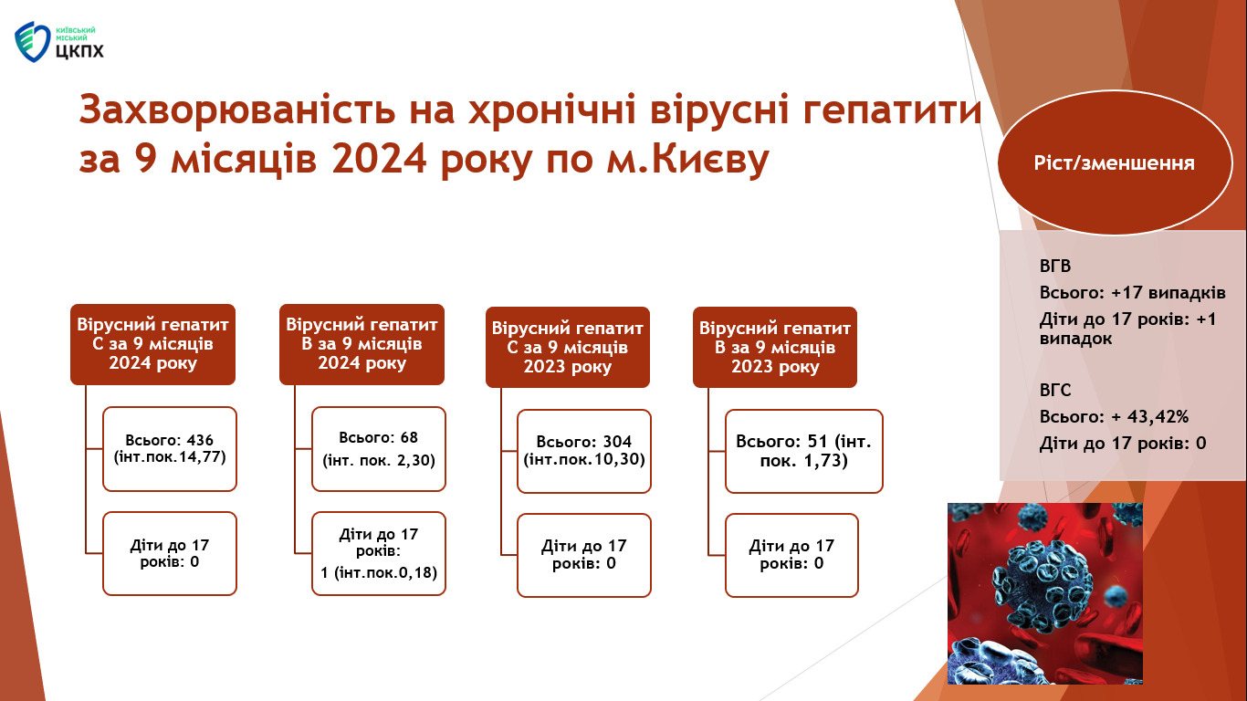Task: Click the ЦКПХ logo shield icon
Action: pyautogui.click(x=32, y=42)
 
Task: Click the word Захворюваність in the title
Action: pyautogui.click(x=237, y=110)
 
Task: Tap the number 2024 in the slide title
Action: pyautogui.click(x=379, y=159)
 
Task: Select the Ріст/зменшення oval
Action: pyautogui.click(x=1115, y=162)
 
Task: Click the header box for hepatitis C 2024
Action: pyautogui.click(x=152, y=344)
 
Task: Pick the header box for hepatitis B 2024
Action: pyautogui.click(x=362, y=344)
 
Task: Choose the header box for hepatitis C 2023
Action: pyautogui.click(x=568, y=347)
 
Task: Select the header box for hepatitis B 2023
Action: pyautogui.click(x=775, y=347)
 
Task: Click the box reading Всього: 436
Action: pyautogui.click(x=170, y=449)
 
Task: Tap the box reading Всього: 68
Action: pyautogui.click(x=379, y=449)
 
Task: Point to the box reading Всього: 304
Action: pyautogui.click(x=584, y=451)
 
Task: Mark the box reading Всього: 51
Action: pyautogui.click(x=804, y=451)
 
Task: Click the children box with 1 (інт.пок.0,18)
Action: pyautogui.click(x=379, y=553)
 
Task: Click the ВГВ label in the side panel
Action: pyautogui.click(x=1055, y=267)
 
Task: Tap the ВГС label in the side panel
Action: pyautogui.click(x=1055, y=391)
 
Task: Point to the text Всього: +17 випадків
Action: pyautogui.click(x=1132, y=293)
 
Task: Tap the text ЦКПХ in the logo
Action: pyautogui.click(x=79, y=51)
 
